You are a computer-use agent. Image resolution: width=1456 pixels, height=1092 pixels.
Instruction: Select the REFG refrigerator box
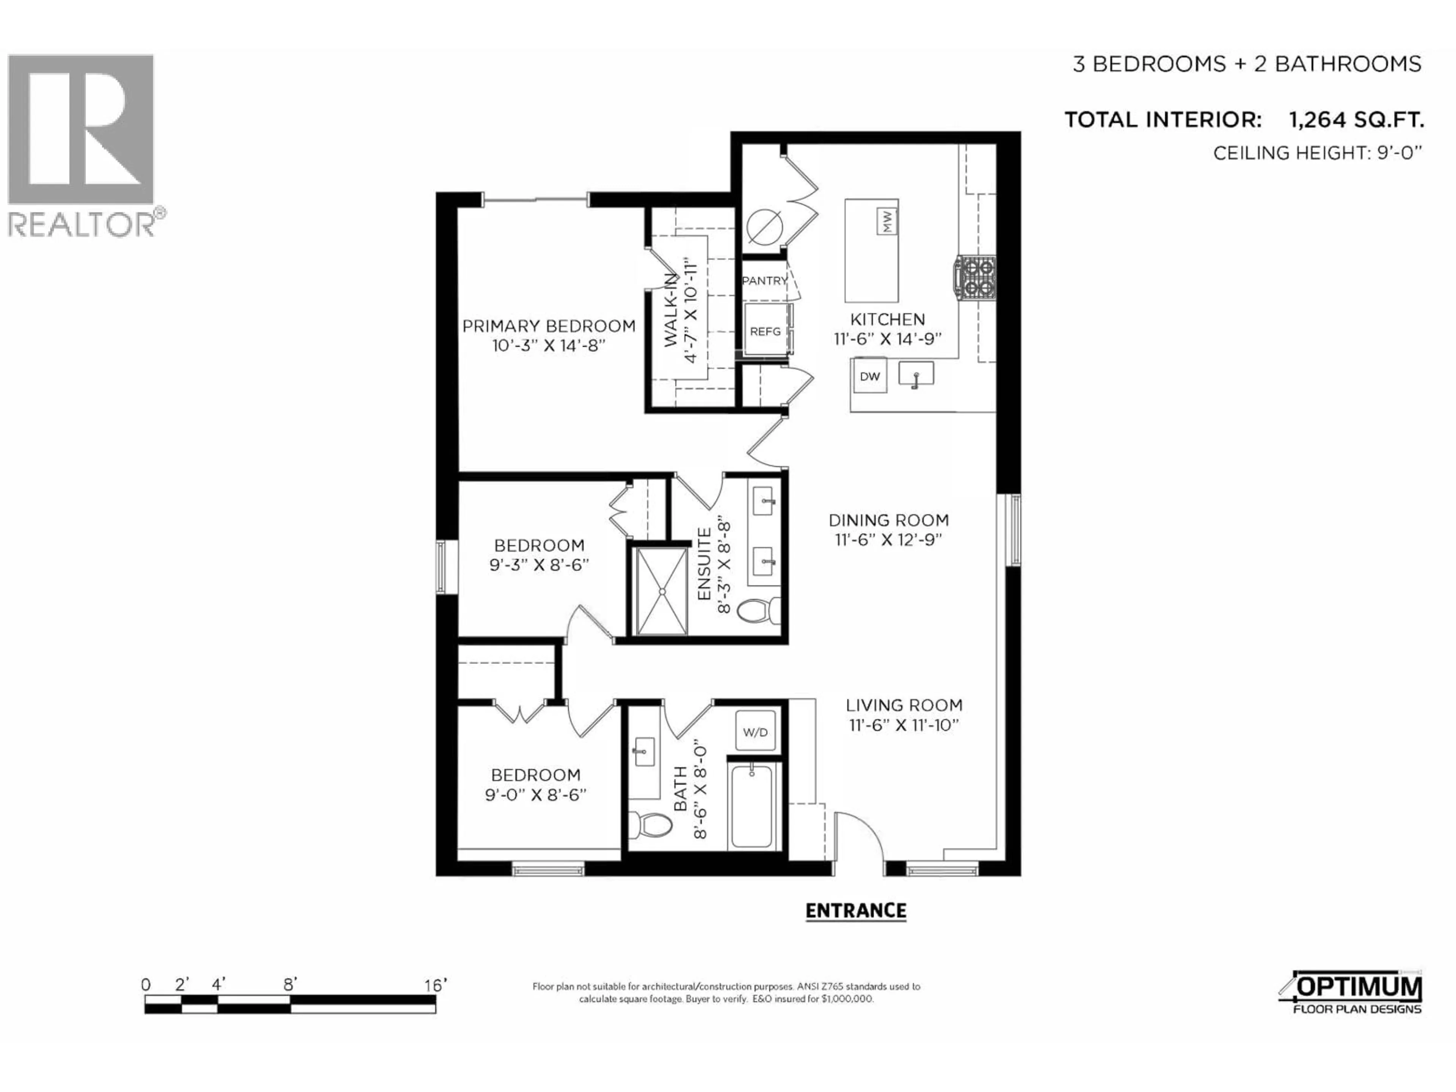tap(766, 331)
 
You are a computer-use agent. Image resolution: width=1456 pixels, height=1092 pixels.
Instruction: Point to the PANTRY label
tap(764, 281)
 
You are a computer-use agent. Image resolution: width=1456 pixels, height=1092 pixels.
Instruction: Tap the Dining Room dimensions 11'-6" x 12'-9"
tap(888, 540)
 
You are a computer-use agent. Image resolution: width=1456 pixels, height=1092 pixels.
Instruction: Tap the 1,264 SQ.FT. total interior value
tap(1356, 120)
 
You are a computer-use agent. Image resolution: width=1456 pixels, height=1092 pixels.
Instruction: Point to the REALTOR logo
tap(82, 145)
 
